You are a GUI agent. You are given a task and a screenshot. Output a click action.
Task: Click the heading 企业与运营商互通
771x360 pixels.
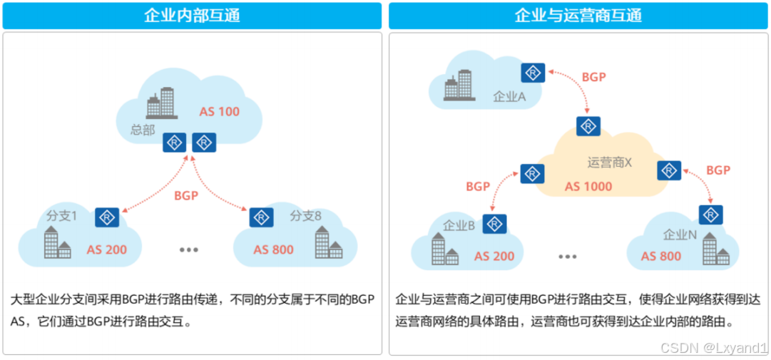(578, 15)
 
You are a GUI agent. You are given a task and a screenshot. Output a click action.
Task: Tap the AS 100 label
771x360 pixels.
(220, 111)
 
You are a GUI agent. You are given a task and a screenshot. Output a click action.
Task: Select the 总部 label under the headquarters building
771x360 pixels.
(142, 130)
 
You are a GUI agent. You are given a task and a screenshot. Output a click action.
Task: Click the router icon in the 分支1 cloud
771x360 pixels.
(107, 217)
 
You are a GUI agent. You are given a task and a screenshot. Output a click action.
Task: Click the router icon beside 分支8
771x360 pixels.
(262, 217)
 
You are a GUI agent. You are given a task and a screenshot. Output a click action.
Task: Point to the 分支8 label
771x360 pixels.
(305, 216)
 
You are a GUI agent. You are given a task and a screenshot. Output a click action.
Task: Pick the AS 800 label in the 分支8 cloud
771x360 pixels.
(273, 250)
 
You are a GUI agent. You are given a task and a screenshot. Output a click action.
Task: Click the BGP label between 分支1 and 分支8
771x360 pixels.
(186, 195)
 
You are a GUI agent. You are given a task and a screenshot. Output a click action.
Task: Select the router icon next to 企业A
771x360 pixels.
(533, 73)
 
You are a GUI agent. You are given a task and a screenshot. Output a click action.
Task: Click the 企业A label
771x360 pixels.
(509, 97)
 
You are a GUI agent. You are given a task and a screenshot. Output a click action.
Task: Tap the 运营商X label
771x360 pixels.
(610, 163)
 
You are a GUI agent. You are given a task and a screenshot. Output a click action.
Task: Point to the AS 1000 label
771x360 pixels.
(588, 186)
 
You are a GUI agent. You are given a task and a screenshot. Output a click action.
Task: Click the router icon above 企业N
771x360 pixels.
(710, 215)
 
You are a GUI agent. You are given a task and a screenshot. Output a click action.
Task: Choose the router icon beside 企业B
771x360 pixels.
(494, 224)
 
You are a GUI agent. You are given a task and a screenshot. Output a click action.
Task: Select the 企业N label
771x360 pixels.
(680, 235)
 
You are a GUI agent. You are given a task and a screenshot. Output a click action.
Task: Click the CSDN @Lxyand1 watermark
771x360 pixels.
(713, 348)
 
